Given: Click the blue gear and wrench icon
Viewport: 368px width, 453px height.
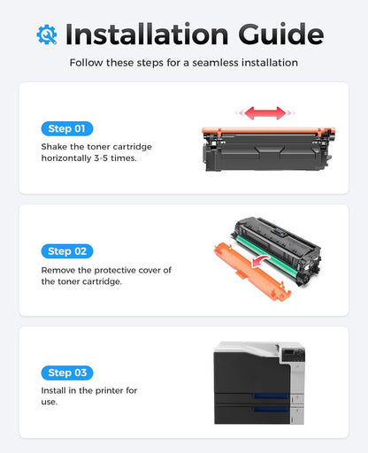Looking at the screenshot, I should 47,34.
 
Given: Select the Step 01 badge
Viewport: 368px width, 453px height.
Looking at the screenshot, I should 66,128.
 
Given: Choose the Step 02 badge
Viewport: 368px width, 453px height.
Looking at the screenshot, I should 66,251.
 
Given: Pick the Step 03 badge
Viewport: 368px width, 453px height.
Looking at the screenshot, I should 66,372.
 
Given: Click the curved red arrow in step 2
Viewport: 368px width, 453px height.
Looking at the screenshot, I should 258,262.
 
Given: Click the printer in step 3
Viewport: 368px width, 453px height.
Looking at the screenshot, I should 258,381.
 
